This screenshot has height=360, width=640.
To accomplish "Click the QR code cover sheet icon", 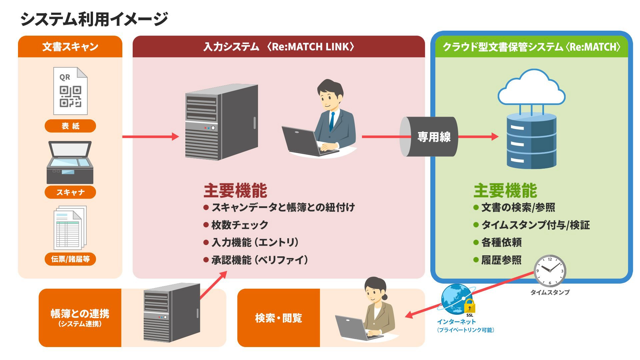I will (70, 91).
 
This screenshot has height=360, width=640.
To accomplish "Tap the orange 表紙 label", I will (70, 126).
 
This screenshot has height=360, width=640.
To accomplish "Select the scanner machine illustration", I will (70, 162).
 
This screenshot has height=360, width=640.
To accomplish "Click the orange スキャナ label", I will (70, 192).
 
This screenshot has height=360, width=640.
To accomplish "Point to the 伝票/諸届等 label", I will (70, 259).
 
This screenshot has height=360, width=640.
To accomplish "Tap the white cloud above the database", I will (531, 88).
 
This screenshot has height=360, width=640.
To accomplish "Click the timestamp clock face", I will (550, 271).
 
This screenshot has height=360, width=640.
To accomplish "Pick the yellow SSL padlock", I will (469, 306).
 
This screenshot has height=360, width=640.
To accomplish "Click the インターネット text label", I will (456, 322).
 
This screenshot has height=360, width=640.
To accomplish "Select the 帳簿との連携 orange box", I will (80, 318).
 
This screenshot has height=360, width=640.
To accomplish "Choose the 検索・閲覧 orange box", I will (279, 318).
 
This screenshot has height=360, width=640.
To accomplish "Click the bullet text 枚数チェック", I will (240, 225).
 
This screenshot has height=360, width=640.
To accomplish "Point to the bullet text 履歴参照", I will (501, 260).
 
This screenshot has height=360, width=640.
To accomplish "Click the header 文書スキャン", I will (70, 47).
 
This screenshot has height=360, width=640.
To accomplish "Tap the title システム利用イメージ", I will (94, 19).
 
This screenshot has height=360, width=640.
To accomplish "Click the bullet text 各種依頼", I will (501, 242).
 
